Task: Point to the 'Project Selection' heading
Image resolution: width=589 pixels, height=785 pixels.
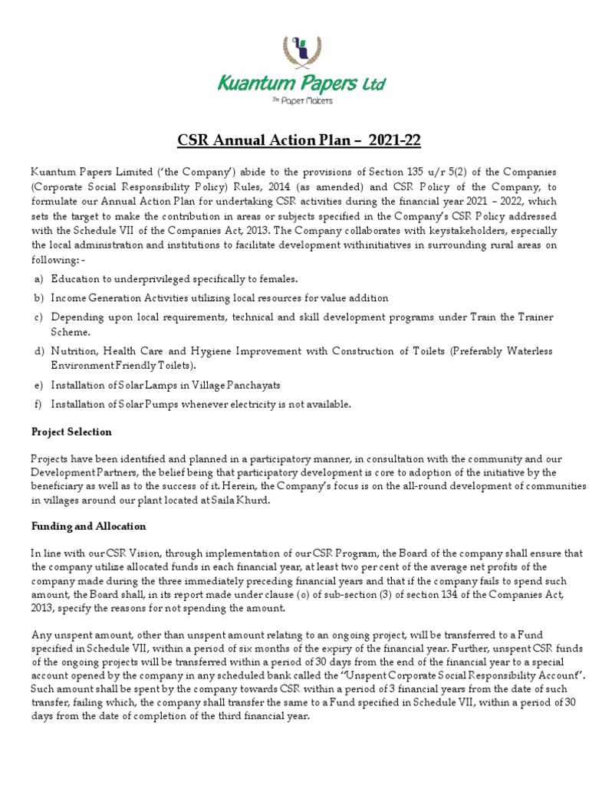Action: click(x=71, y=432)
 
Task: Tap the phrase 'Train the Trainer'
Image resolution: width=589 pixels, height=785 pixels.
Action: click(x=514, y=317)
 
